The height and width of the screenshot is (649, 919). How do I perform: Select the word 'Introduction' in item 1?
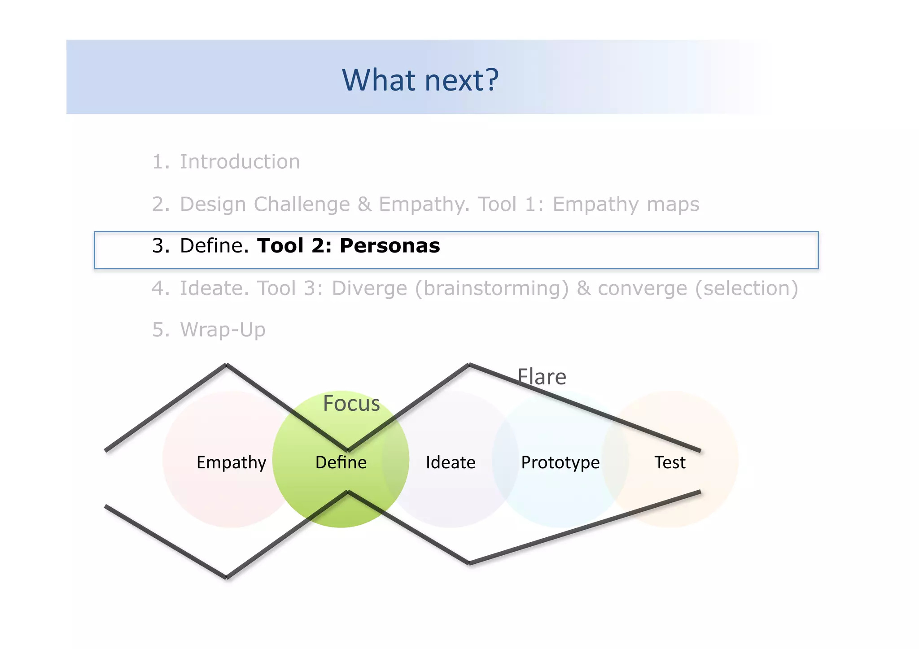tap(240, 162)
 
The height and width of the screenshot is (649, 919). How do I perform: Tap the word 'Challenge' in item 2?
tap(302, 205)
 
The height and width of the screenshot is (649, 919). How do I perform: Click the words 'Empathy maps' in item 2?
tap(626, 205)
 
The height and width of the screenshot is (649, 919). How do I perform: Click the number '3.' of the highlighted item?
tap(161, 246)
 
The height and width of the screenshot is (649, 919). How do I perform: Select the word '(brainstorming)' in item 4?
tap(491, 288)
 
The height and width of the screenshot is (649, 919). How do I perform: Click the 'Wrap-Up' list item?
tap(223, 330)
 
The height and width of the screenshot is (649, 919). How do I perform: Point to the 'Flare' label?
tap(542, 377)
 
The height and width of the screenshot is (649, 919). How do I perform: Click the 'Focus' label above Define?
tap(351, 403)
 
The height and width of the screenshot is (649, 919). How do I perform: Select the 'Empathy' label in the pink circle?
tap(231, 462)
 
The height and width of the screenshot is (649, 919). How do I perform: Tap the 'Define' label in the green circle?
tap(341, 462)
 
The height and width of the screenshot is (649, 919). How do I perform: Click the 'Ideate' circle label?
tap(450, 462)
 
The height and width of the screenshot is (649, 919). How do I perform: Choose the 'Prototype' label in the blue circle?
tap(560, 462)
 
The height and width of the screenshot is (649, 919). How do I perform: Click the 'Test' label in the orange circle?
tap(670, 462)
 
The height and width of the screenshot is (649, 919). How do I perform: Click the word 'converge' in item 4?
tap(642, 288)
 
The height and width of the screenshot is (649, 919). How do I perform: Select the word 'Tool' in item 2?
tap(497, 205)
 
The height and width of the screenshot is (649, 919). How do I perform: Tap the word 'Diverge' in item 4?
tap(369, 288)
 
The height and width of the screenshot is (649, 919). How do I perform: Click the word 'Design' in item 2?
tap(213, 205)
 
